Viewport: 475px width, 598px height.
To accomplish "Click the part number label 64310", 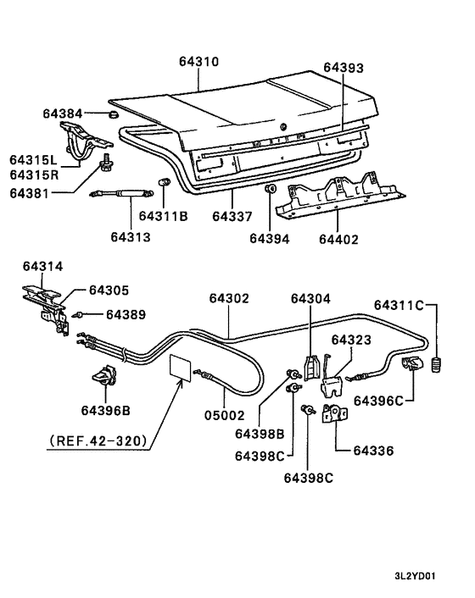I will (198, 62).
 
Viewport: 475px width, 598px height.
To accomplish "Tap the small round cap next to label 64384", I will (113, 114).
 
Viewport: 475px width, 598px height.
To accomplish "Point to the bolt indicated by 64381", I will (108, 160).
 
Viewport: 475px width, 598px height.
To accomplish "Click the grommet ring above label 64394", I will (270, 188).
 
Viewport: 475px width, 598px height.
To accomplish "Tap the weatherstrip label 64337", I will (232, 217).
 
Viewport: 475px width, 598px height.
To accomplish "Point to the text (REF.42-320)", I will (98, 440).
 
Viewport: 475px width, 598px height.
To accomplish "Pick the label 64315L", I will (33, 159).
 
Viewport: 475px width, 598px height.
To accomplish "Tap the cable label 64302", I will (229, 298).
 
